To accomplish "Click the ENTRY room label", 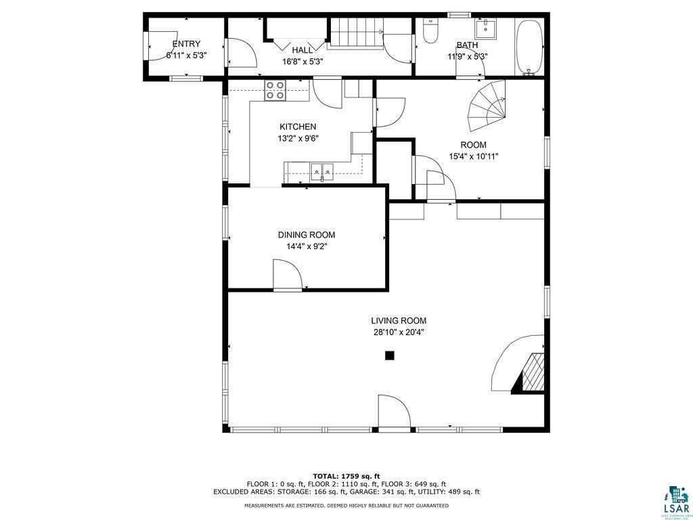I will pos(186,44).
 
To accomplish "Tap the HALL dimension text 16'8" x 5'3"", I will pos(303,62).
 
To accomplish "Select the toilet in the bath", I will pos(430,31).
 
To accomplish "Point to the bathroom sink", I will pos(486,30).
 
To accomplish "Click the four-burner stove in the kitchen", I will pos(275,90).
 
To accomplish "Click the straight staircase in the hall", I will pos(356,34).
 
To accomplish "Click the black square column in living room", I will pos(390,355).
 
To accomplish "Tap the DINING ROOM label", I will pos(306,235).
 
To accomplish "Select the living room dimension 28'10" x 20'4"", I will pos(399,332).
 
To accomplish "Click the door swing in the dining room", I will pos(287,276).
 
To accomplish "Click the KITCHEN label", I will pos(298,127).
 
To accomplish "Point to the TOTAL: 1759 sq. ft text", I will pos(346,475).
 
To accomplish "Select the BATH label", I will pos(467,45).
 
